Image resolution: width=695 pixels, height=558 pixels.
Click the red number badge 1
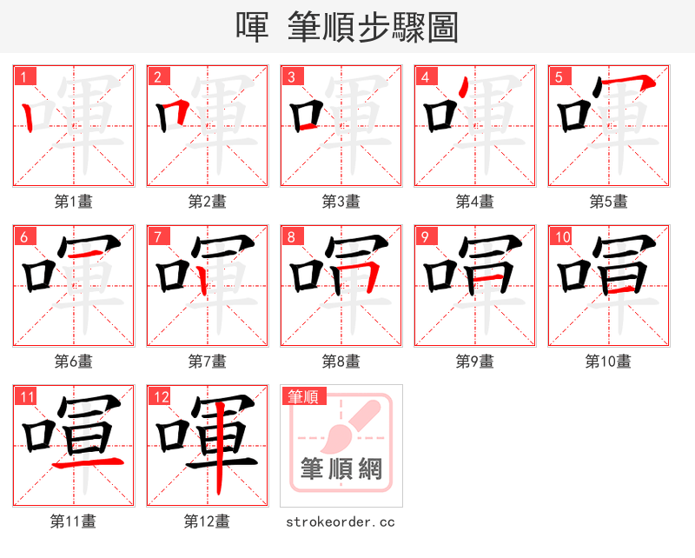tap(24, 76)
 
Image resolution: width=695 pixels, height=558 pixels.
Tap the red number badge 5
tap(559, 76)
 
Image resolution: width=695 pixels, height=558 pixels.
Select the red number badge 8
tap(292, 236)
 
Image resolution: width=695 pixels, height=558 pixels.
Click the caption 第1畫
tap(74, 202)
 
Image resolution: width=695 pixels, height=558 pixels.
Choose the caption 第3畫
tap(341, 202)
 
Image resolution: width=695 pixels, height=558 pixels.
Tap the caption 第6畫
tap(74, 361)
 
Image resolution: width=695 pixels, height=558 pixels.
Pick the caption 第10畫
tap(608, 361)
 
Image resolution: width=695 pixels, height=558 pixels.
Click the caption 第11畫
tap(74, 521)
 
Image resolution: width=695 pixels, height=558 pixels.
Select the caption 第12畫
tap(208, 521)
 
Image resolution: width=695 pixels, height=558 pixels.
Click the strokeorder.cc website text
tap(341, 521)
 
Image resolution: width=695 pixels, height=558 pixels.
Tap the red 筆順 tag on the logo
tap(304, 396)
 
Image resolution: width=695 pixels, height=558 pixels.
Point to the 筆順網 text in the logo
tap(341, 469)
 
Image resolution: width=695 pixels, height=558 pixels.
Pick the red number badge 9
tap(426, 236)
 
